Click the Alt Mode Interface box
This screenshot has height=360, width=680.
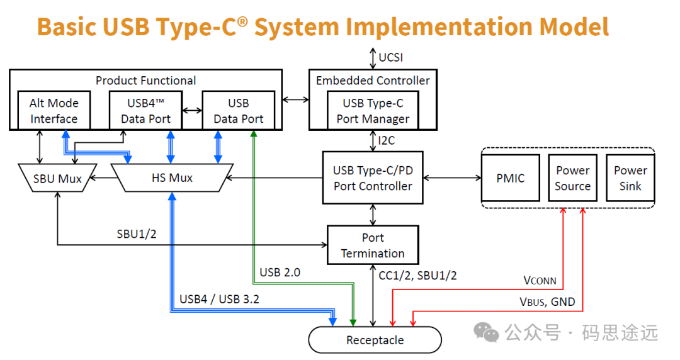coord(54,110)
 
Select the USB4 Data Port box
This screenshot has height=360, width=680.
coord(145,110)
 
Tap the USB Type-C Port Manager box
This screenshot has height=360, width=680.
coord(373,110)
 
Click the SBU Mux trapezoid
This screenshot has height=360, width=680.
coord(57,178)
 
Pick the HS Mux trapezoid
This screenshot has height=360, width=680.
coord(172,178)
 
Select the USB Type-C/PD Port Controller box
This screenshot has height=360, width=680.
coord(373,178)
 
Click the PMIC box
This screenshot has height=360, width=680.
coord(511,178)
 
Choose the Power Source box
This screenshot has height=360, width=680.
coord(572,178)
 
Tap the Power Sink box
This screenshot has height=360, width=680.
coord(630,178)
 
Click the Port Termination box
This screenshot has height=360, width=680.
coord(373,245)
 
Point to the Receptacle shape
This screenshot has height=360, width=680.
coord(375,340)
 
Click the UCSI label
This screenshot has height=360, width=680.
coord(391,57)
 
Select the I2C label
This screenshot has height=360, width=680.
coord(387,140)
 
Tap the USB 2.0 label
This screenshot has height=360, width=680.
coord(280,273)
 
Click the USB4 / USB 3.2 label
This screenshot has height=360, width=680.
coord(220,300)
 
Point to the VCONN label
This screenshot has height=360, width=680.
coord(540,281)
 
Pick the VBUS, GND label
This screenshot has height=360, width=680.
coord(547,302)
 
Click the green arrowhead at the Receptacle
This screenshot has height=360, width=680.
coord(353,323)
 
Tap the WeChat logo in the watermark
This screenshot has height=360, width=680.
coord(485,332)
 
